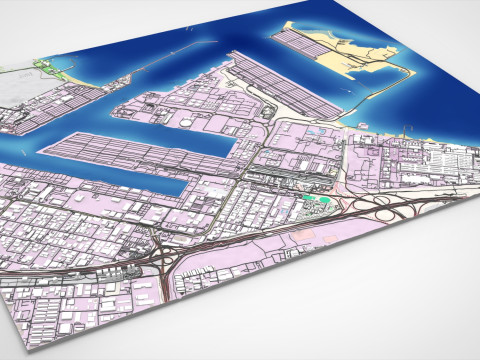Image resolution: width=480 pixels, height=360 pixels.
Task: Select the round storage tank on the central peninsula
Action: point(186,121)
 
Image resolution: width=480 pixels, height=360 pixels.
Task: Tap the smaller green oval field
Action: point(306,200)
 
